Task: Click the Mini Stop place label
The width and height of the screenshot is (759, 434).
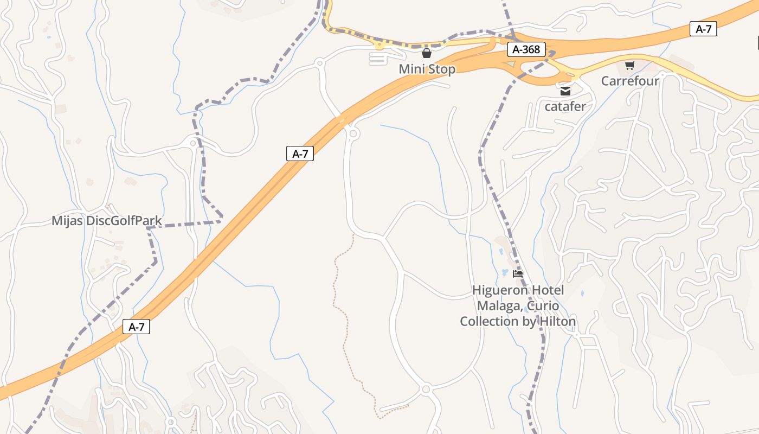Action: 427,69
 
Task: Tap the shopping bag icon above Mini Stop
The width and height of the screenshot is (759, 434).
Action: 427,53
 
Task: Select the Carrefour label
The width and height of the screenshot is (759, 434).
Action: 630,81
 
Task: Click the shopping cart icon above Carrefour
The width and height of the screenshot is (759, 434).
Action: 629,66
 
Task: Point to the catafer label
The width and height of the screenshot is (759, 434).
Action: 565,106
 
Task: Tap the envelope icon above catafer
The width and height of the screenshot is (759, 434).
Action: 565,91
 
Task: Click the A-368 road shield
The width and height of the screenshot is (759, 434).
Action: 526,50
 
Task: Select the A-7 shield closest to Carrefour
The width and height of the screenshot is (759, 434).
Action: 703,29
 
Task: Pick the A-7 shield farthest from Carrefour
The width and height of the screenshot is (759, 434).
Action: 136,327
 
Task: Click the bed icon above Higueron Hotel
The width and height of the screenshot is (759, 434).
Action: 518,274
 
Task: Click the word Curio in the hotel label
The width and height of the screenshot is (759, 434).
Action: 543,306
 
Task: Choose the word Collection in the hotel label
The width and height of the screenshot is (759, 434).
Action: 490,322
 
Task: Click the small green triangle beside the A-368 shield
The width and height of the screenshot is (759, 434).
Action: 510,64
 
